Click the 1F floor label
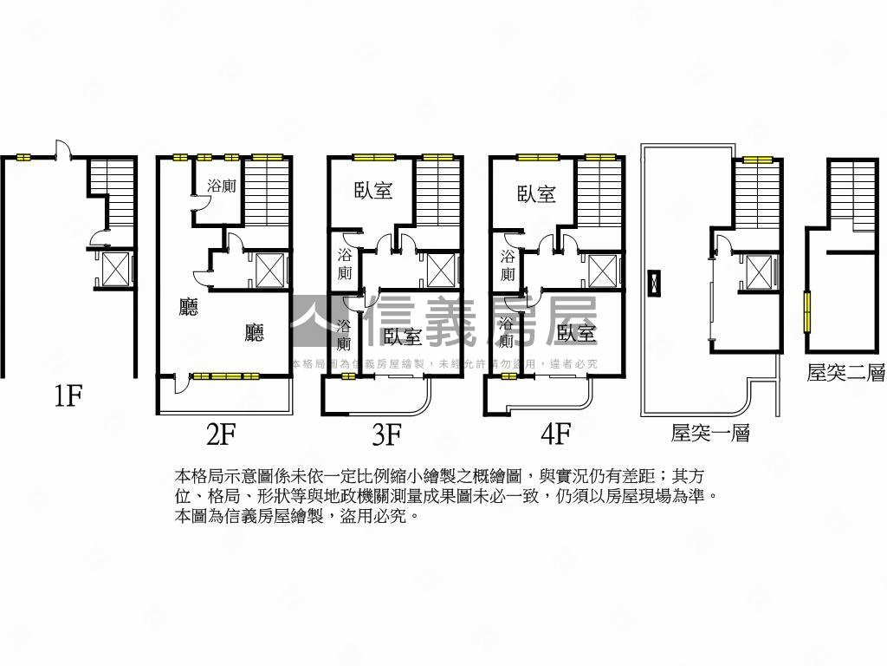pos(68,397)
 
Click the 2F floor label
pos(222,433)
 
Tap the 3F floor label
pos(386,433)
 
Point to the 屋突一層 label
pos(709,433)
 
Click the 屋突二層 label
pos(845,373)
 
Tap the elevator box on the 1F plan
pos(115,268)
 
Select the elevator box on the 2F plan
pos(270,270)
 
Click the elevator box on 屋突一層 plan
pos(759,272)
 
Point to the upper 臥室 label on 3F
pos(373,191)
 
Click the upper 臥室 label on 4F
pos(536,194)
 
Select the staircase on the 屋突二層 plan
pos(852,194)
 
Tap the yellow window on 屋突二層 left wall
pos(806,310)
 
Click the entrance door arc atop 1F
pos(62,149)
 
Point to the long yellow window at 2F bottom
pos(225,376)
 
